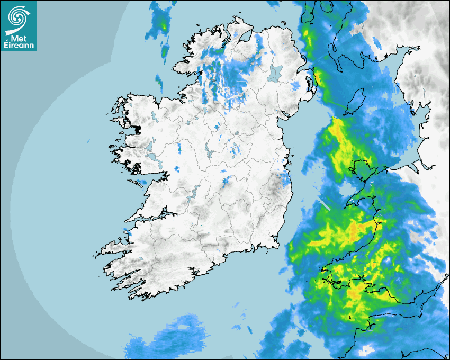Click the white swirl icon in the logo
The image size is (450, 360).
(17, 16)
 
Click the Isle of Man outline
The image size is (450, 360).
(358, 101)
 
